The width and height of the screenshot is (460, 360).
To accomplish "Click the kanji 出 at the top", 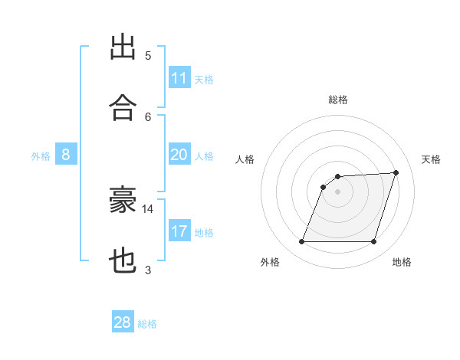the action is click(x=123, y=47).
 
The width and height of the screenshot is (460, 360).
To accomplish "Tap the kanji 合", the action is click(x=123, y=107).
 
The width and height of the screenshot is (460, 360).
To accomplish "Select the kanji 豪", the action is click(x=123, y=199).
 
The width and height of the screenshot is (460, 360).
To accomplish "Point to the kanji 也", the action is click(x=123, y=260).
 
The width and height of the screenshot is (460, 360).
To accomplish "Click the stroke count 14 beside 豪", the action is click(x=147, y=209).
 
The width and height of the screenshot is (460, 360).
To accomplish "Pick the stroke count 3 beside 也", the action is click(x=148, y=270).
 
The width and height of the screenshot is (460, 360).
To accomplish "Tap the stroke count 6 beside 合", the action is click(x=148, y=117).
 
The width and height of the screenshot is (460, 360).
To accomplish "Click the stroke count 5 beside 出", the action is click(x=148, y=56).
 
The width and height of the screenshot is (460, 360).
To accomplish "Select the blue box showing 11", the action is click(x=179, y=77).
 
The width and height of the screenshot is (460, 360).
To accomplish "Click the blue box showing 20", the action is click(x=179, y=154).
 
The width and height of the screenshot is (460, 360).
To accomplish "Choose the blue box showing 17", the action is click(x=179, y=230).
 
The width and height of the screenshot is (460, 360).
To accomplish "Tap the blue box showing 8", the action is click(x=66, y=154).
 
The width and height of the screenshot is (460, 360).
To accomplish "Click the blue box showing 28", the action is click(x=123, y=321).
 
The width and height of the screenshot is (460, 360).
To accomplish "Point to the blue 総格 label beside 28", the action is click(x=147, y=324).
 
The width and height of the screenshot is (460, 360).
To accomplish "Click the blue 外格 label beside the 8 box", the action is click(x=41, y=156).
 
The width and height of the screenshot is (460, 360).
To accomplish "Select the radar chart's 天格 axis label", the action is click(x=431, y=159).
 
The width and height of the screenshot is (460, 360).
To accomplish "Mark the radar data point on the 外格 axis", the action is click(x=301, y=241).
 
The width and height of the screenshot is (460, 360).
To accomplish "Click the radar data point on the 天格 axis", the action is click(x=396, y=172).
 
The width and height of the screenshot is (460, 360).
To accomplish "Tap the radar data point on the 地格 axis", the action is click(x=373, y=241).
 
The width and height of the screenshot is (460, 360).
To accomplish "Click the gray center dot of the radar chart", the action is click(x=337, y=191).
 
